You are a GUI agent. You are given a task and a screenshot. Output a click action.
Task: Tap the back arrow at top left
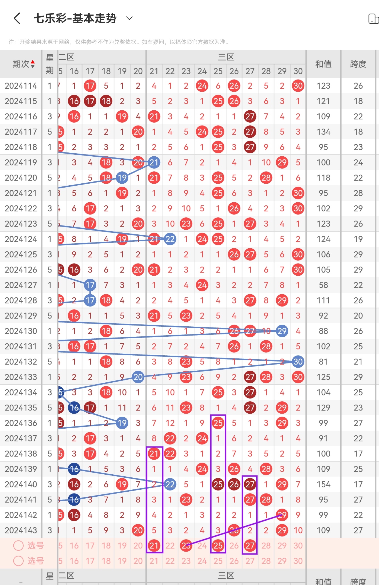click(x=17, y=18)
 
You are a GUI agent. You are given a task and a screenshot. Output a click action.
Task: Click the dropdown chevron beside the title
click(x=129, y=18)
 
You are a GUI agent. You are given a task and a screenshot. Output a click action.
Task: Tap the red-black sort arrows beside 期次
click(x=33, y=64)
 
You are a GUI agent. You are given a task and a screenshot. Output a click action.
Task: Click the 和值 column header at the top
click(x=323, y=64)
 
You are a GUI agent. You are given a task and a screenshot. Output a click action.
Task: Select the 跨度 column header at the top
click(x=358, y=64)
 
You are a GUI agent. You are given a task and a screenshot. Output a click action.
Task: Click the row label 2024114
click(x=21, y=86)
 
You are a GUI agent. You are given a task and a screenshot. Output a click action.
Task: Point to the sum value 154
click(x=323, y=484)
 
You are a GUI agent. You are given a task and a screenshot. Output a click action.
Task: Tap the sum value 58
click(x=323, y=285)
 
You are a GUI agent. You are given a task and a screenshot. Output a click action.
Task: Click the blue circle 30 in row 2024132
click(x=298, y=362)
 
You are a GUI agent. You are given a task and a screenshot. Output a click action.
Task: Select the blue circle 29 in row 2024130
click(x=282, y=331)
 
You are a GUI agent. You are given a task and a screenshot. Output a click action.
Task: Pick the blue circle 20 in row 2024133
click(x=138, y=377)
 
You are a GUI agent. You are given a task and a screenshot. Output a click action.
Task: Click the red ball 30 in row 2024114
click(x=298, y=86)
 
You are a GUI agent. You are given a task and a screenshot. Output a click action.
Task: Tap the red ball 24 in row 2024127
click(x=202, y=285)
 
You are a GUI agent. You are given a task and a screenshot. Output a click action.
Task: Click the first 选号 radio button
click(x=18, y=546)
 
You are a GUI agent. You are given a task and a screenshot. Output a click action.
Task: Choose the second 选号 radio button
click(x=18, y=561)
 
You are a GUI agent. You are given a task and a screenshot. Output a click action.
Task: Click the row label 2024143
click(x=21, y=530)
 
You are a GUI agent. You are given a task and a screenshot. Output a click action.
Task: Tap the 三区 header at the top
click(x=226, y=57)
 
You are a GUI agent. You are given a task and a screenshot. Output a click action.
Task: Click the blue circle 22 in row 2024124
click(x=170, y=239)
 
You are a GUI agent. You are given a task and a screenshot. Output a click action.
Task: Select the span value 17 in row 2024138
click(x=358, y=454)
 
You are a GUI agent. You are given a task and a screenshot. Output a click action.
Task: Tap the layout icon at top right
click(x=373, y=19)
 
